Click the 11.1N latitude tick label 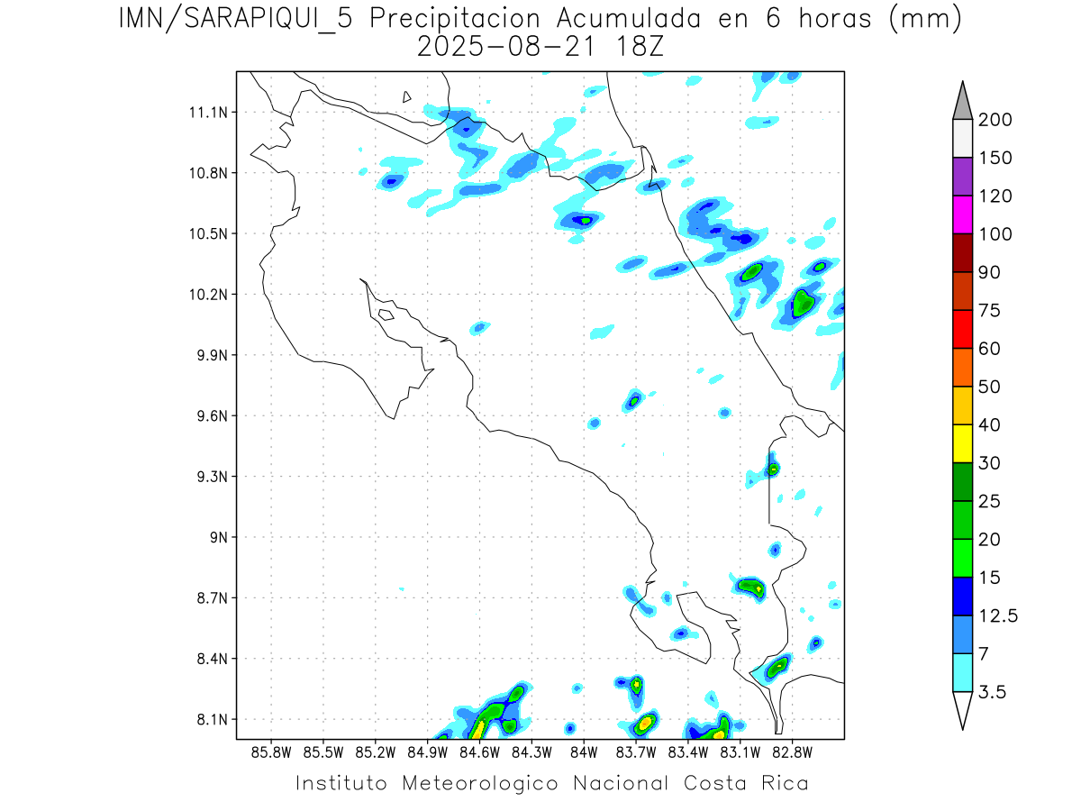(x=206, y=113)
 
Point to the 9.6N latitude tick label (x=206, y=416)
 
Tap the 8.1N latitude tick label (x=206, y=720)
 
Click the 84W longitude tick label (x=584, y=752)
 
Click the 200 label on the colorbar (x=995, y=121)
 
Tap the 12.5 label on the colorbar (x=998, y=616)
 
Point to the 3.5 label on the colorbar (x=993, y=692)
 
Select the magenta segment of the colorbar (x=962, y=214)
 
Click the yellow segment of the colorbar (x=962, y=443)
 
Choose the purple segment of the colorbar (x=962, y=177)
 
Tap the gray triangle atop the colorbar (x=962, y=101)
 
